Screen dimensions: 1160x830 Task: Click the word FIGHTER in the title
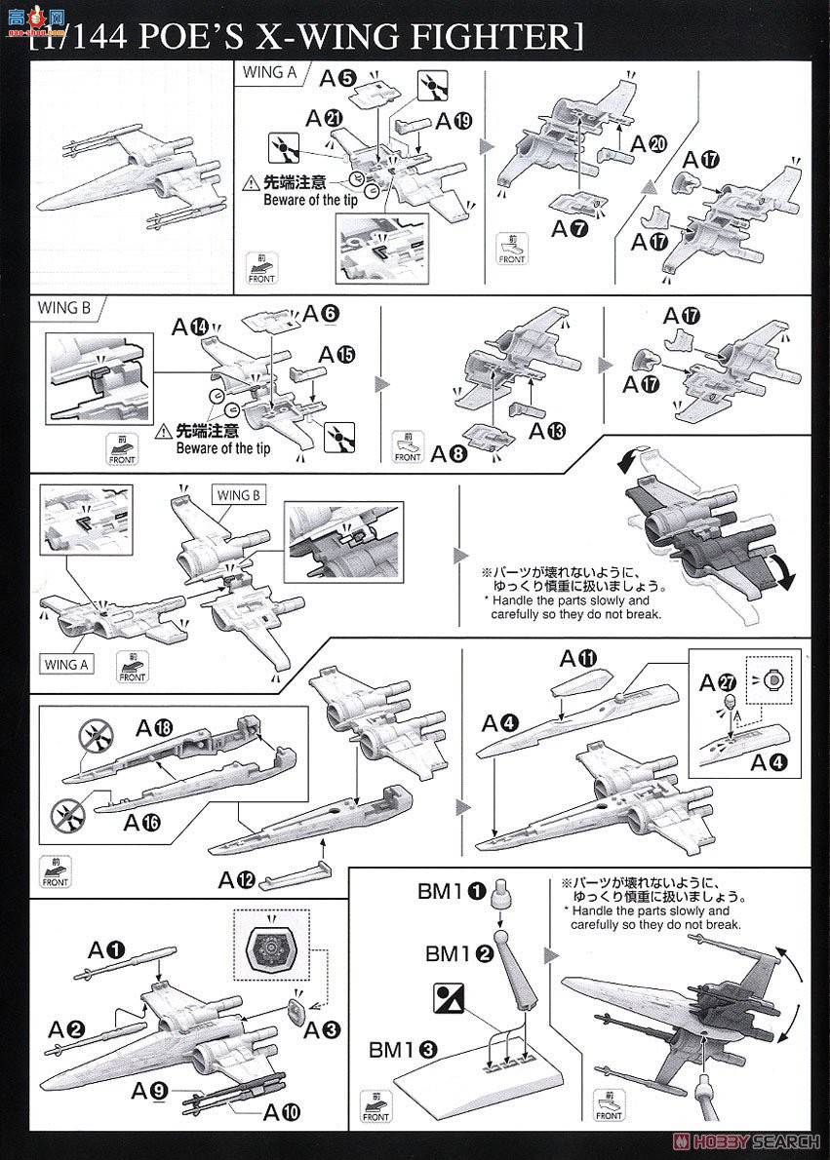click(489, 37)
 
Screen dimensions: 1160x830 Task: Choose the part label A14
click(191, 327)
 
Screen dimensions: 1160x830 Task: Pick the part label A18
click(154, 728)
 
